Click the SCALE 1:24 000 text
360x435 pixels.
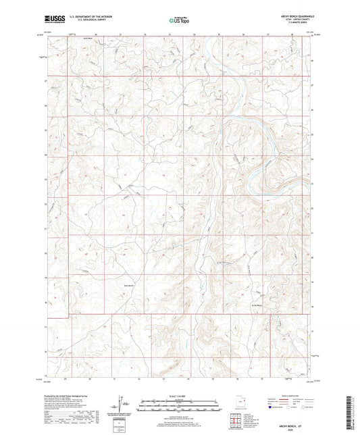pyautogui.click(x=179, y=395)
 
